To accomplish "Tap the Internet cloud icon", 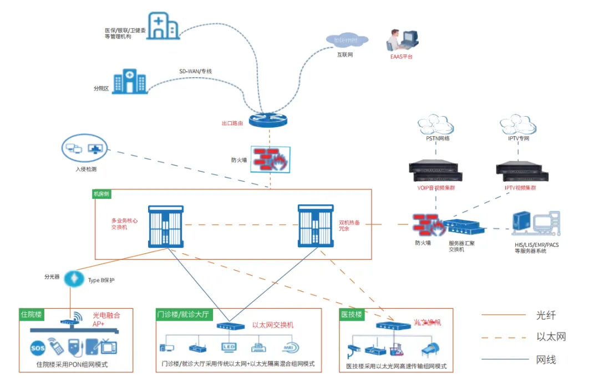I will pos(347,40).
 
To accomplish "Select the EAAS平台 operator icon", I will pos(402,41).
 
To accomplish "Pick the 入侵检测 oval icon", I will pos(84,149).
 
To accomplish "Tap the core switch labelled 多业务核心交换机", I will pos(167,226).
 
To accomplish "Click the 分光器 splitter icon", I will pos(72,278).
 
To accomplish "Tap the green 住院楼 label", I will pos(31,314).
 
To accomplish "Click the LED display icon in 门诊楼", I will pos(229,347).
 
